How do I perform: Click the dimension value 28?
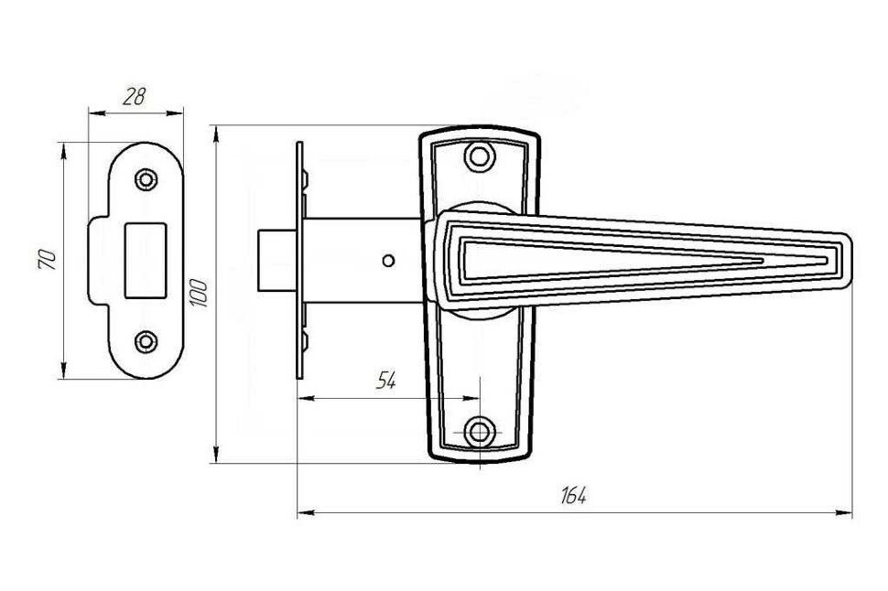point(134,97)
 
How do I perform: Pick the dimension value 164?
point(574,496)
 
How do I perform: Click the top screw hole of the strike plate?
point(146,179)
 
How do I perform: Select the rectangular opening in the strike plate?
point(146,260)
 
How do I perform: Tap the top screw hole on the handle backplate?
point(479,155)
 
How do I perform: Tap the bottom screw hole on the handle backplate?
point(479,431)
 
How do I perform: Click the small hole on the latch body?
point(389,262)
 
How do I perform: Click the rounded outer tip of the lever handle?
point(848,262)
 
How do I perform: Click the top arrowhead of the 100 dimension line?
point(216,132)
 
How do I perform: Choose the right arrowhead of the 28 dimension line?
point(179,113)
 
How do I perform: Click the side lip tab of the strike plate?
point(96,260)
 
